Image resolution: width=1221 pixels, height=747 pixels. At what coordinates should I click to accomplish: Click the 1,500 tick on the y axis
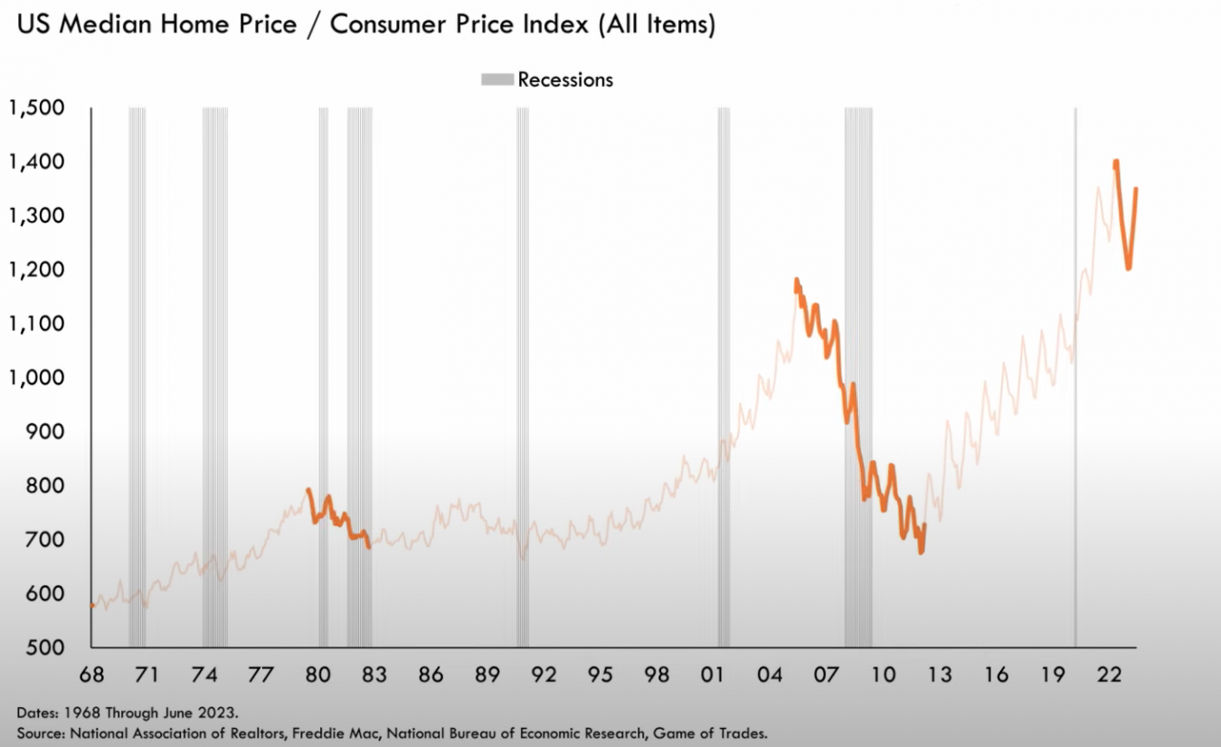click(39, 109)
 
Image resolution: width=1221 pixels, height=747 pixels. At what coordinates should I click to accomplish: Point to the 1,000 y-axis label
click(39, 378)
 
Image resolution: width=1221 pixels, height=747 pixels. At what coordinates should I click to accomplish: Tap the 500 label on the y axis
click(49, 648)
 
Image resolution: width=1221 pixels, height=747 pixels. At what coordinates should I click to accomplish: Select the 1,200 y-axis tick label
click(39, 270)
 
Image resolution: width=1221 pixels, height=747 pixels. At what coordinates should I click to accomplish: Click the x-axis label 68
click(90, 675)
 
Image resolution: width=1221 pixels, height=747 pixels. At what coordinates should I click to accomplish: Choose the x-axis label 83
click(374, 675)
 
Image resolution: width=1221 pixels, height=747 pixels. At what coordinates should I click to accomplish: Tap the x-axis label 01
click(714, 675)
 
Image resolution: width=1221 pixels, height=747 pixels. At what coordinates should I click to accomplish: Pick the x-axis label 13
click(940, 675)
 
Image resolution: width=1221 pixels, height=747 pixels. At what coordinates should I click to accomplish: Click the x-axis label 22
click(1110, 675)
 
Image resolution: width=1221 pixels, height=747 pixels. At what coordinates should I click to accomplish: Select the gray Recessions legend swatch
click(497, 80)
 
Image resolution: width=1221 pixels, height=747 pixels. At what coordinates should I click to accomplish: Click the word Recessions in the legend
click(565, 80)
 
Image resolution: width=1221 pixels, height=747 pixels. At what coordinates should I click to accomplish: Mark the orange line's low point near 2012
click(921, 552)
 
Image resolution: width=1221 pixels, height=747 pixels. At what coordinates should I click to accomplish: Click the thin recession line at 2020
click(1075, 362)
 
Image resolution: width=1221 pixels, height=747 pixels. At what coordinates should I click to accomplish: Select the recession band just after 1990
click(523, 362)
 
